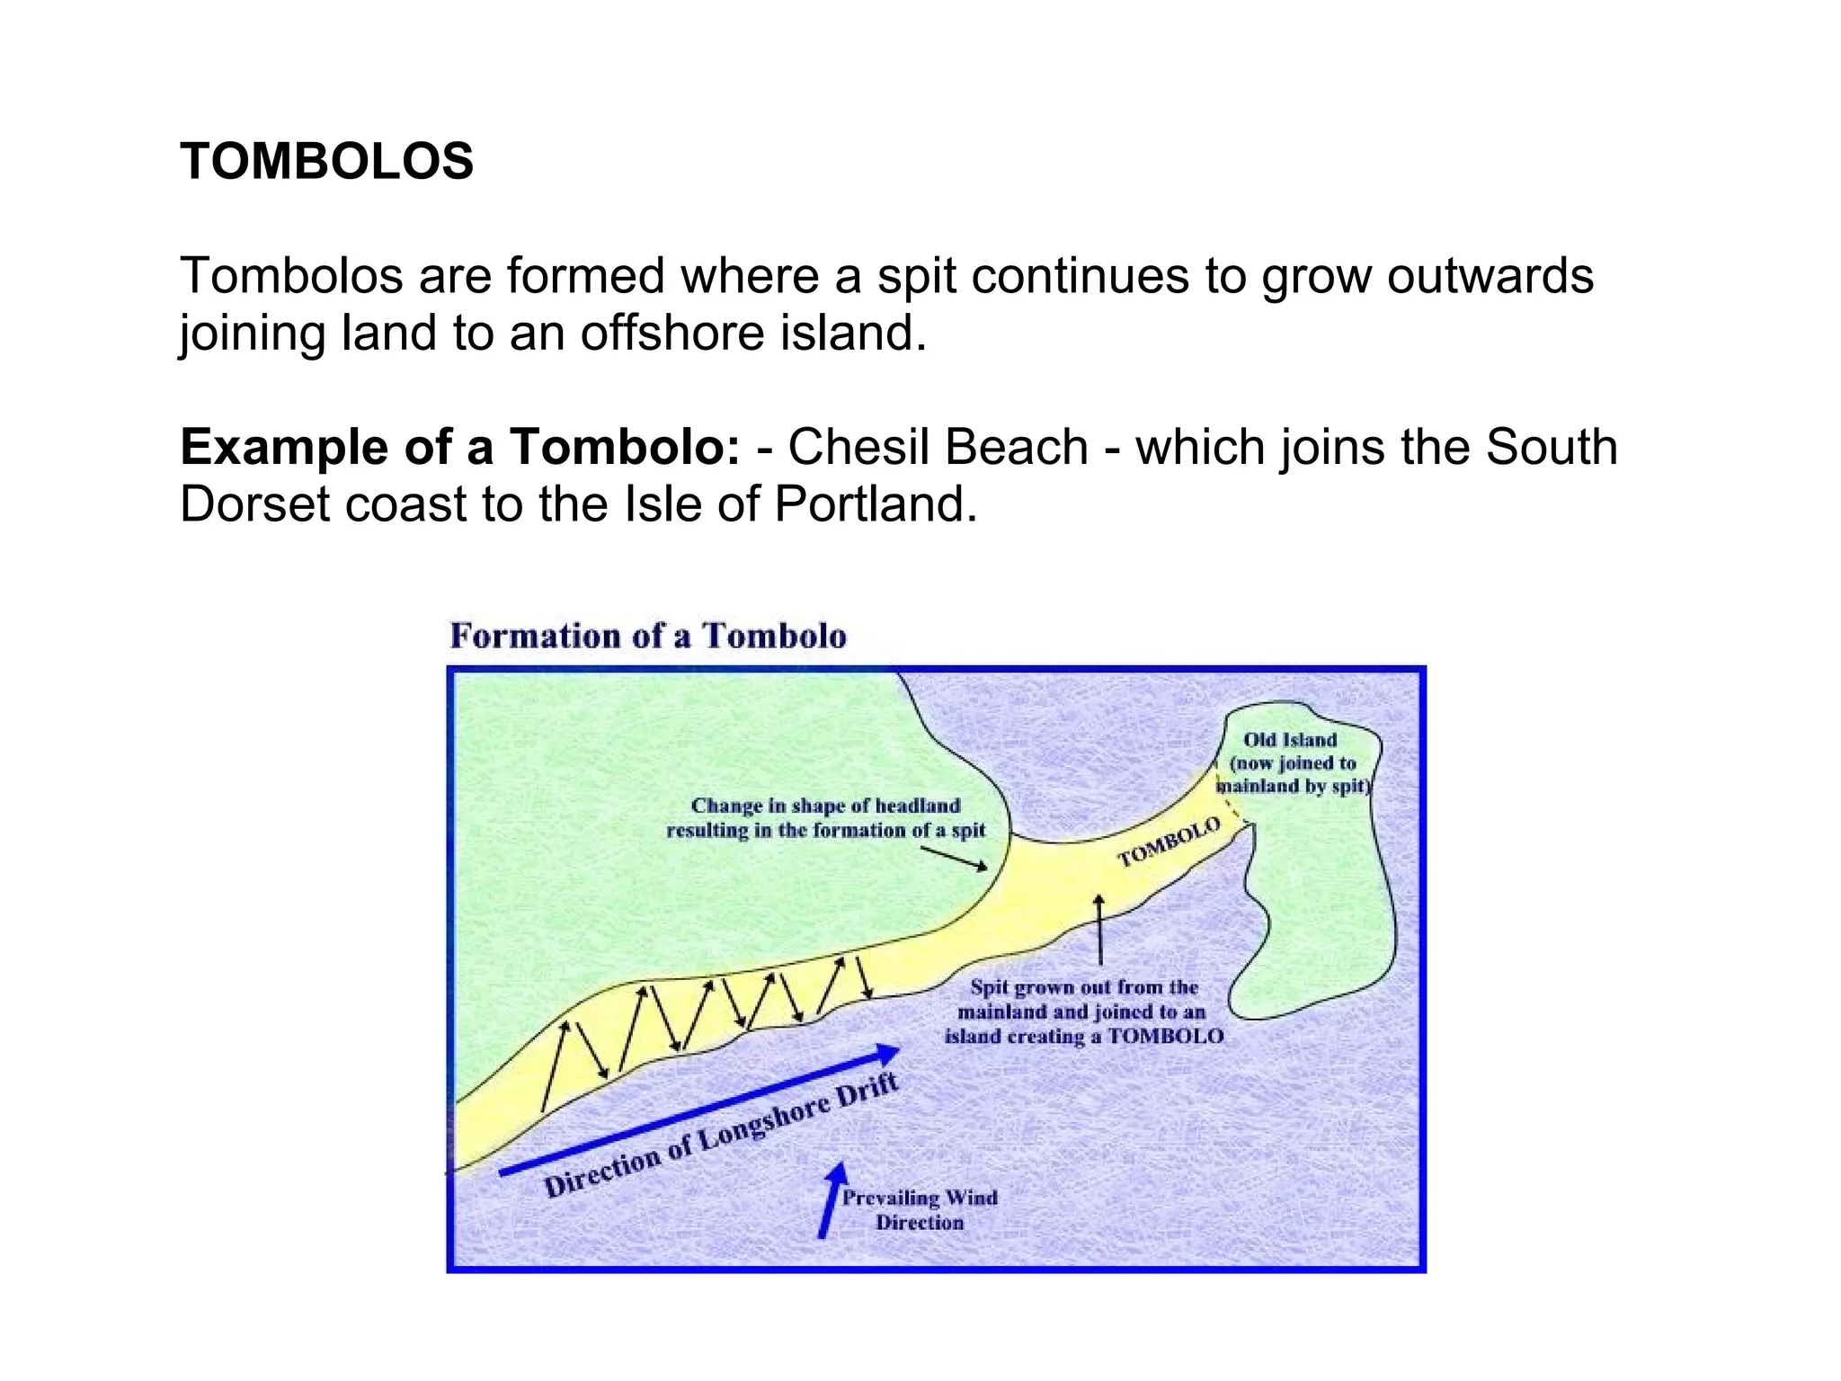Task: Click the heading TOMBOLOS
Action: click(x=326, y=162)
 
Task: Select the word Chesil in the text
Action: click(x=858, y=447)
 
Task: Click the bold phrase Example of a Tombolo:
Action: click(x=460, y=447)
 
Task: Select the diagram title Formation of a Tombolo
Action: click(x=648, y=636)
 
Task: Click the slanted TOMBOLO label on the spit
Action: click(x=1169, y=842)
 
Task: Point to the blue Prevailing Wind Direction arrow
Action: click(x=832, y=1200)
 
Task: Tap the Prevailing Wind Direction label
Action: click(x=920, y=1210)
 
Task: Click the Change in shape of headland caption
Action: click(x=825, y=818)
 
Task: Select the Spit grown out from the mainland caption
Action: click(x=1084, y=1011)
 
